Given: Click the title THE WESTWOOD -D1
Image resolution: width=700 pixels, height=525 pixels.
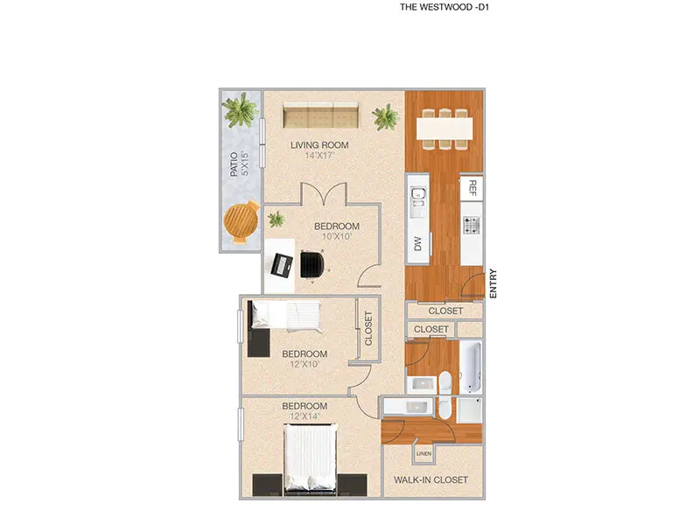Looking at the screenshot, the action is (444, 7).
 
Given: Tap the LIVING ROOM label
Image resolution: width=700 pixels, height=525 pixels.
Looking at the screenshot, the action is (319, 145).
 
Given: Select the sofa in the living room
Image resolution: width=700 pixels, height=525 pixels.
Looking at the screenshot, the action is (320, 115).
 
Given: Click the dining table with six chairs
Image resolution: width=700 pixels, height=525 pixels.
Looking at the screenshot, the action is (444, 129).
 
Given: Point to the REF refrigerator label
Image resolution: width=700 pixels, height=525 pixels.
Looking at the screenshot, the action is (472, 188).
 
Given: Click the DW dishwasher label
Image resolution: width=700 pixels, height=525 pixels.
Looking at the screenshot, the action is (417, 244).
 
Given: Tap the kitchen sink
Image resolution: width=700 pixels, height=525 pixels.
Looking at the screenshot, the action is (418, 202).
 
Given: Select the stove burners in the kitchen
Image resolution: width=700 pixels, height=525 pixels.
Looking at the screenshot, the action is (472, 226).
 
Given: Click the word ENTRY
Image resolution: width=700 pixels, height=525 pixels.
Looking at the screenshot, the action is (493, 283).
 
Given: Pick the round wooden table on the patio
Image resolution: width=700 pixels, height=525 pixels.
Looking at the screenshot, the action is (241, 222).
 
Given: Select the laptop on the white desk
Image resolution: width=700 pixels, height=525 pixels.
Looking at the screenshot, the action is (282, 265).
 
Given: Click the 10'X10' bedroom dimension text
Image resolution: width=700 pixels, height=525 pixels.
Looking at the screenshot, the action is (337, 236).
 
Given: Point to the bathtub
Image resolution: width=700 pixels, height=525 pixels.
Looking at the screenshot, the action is (472, 367).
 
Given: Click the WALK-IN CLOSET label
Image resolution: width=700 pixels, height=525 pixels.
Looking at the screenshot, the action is (430, 479).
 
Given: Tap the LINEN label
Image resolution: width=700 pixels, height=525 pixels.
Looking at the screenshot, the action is (423, 454).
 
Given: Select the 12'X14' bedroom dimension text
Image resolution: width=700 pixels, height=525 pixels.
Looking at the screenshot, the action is (304, 417).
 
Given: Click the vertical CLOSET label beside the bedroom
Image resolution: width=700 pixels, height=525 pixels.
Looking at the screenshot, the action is (368, 329).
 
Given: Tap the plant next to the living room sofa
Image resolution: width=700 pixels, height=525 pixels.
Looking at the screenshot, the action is (385, 117).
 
